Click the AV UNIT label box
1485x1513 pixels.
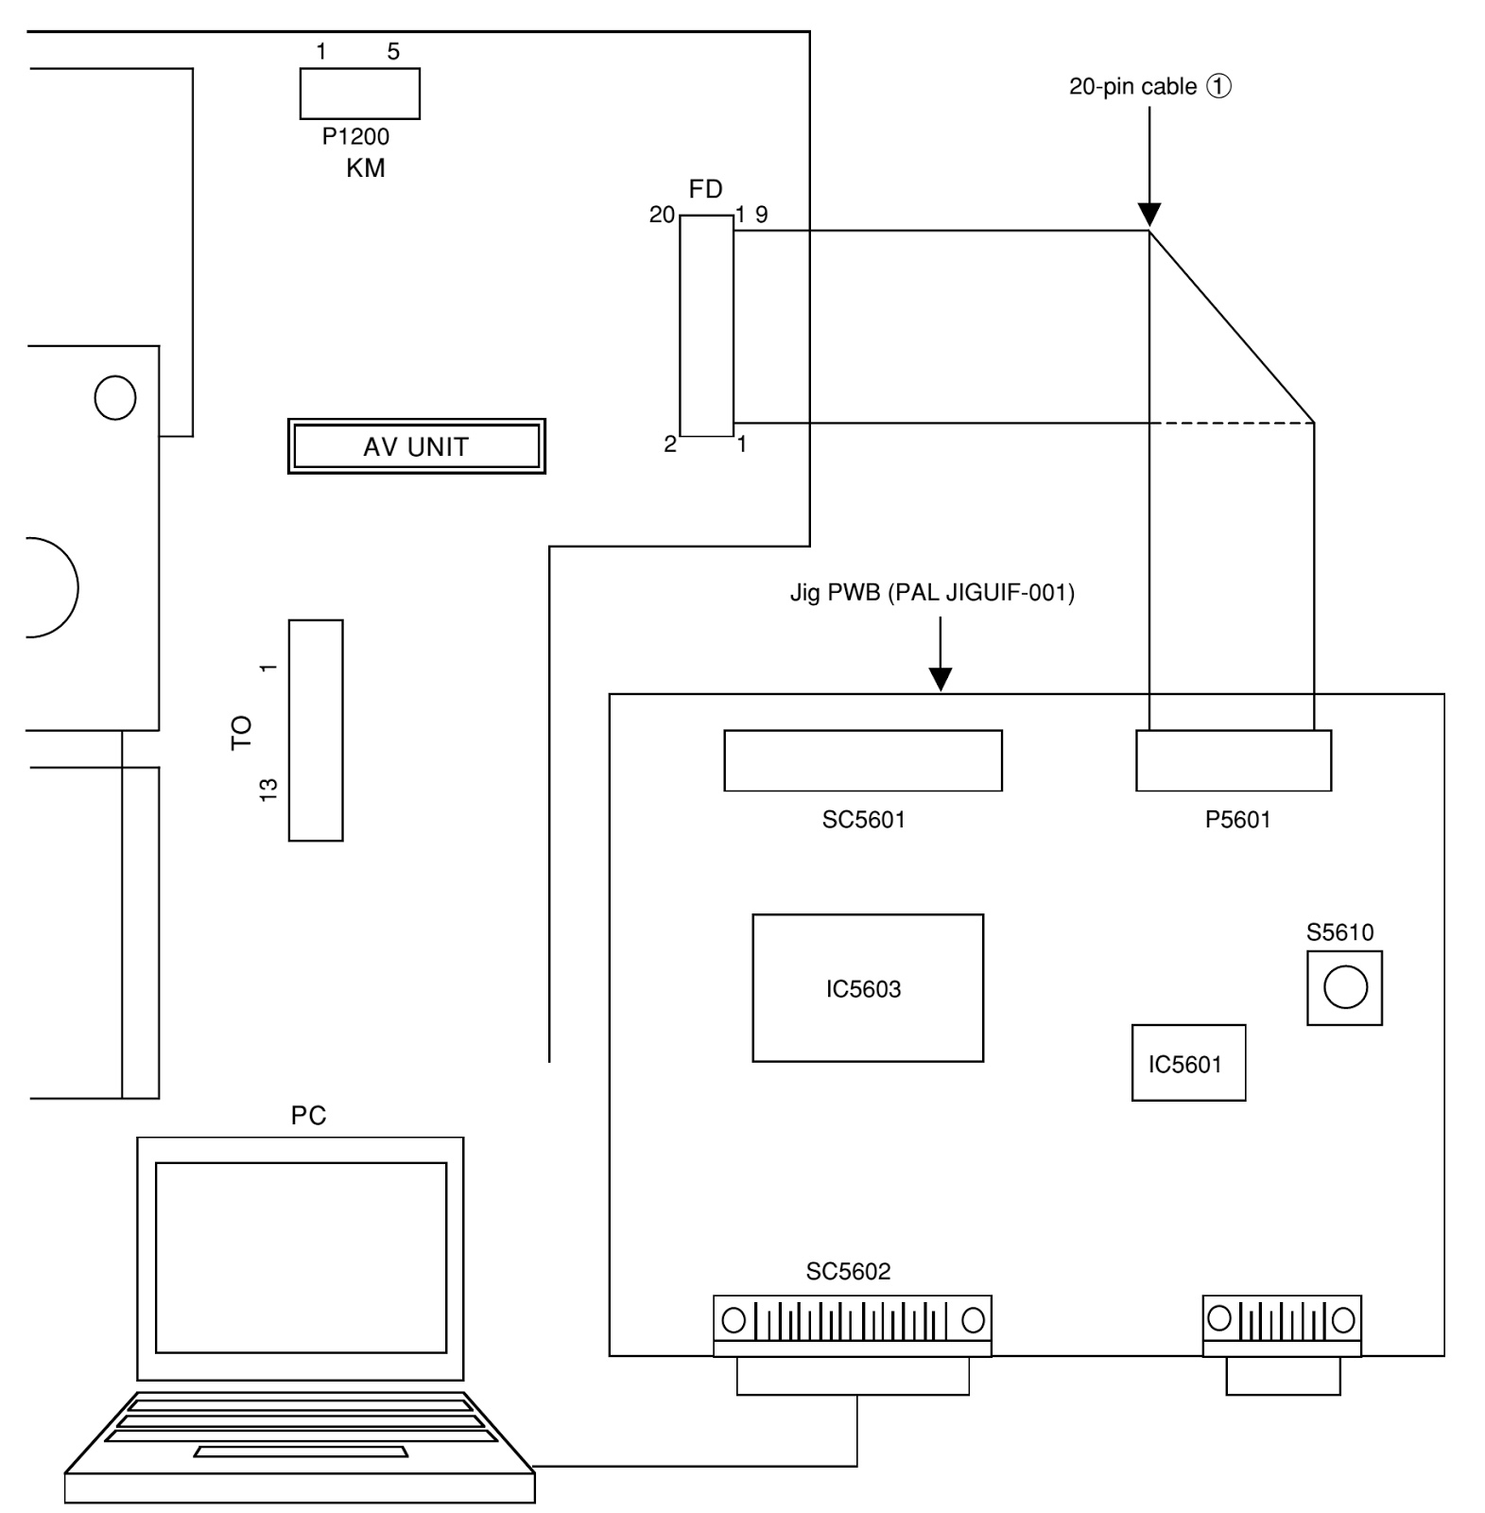pos(416,446)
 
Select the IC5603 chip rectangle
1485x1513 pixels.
pos(867,987)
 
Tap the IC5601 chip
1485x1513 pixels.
pos(1187,1063)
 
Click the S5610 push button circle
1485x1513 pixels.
pos(1344,988)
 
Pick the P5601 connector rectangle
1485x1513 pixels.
pos(1233,760)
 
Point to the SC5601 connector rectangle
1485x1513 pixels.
pos(862,760)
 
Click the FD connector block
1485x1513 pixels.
pos(706,326)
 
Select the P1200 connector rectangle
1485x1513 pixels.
pos(359,94)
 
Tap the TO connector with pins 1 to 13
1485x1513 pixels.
pos(316,730)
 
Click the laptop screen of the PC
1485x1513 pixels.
pos(301,1257)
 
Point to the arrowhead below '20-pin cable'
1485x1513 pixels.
pos(1148,215)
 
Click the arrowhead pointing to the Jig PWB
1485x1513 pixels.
pos(940,679)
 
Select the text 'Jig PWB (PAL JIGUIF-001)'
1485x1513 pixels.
pos(932,593)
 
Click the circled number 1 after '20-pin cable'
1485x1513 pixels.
pos(1219,87)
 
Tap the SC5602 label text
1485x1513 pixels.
pos(848,1272)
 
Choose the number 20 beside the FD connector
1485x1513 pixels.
pos(662,216)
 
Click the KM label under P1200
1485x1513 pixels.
pos(366,168)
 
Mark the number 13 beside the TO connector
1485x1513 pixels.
pos(269,790)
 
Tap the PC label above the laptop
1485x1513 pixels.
pos(308,1116)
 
